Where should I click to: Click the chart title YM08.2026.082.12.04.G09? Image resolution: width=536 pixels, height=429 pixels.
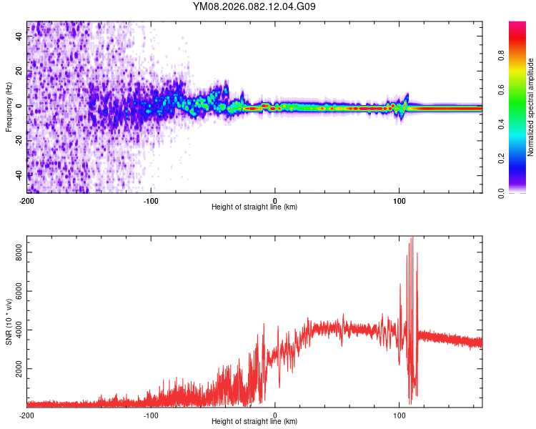[254, 6]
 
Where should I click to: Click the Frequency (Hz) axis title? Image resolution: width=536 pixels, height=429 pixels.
[9, 107]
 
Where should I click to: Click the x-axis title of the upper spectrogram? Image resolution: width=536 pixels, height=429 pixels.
[254, 207]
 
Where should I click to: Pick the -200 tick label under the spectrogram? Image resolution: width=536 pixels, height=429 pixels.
[26, 199]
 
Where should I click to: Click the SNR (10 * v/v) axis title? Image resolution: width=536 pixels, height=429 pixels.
[9, 321]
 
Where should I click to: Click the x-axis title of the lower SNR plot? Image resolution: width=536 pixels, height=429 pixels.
[254, 422]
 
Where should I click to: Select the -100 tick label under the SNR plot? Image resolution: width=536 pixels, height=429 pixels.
[152, 415]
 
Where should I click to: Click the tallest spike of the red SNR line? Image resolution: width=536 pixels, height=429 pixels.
[411, 238]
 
